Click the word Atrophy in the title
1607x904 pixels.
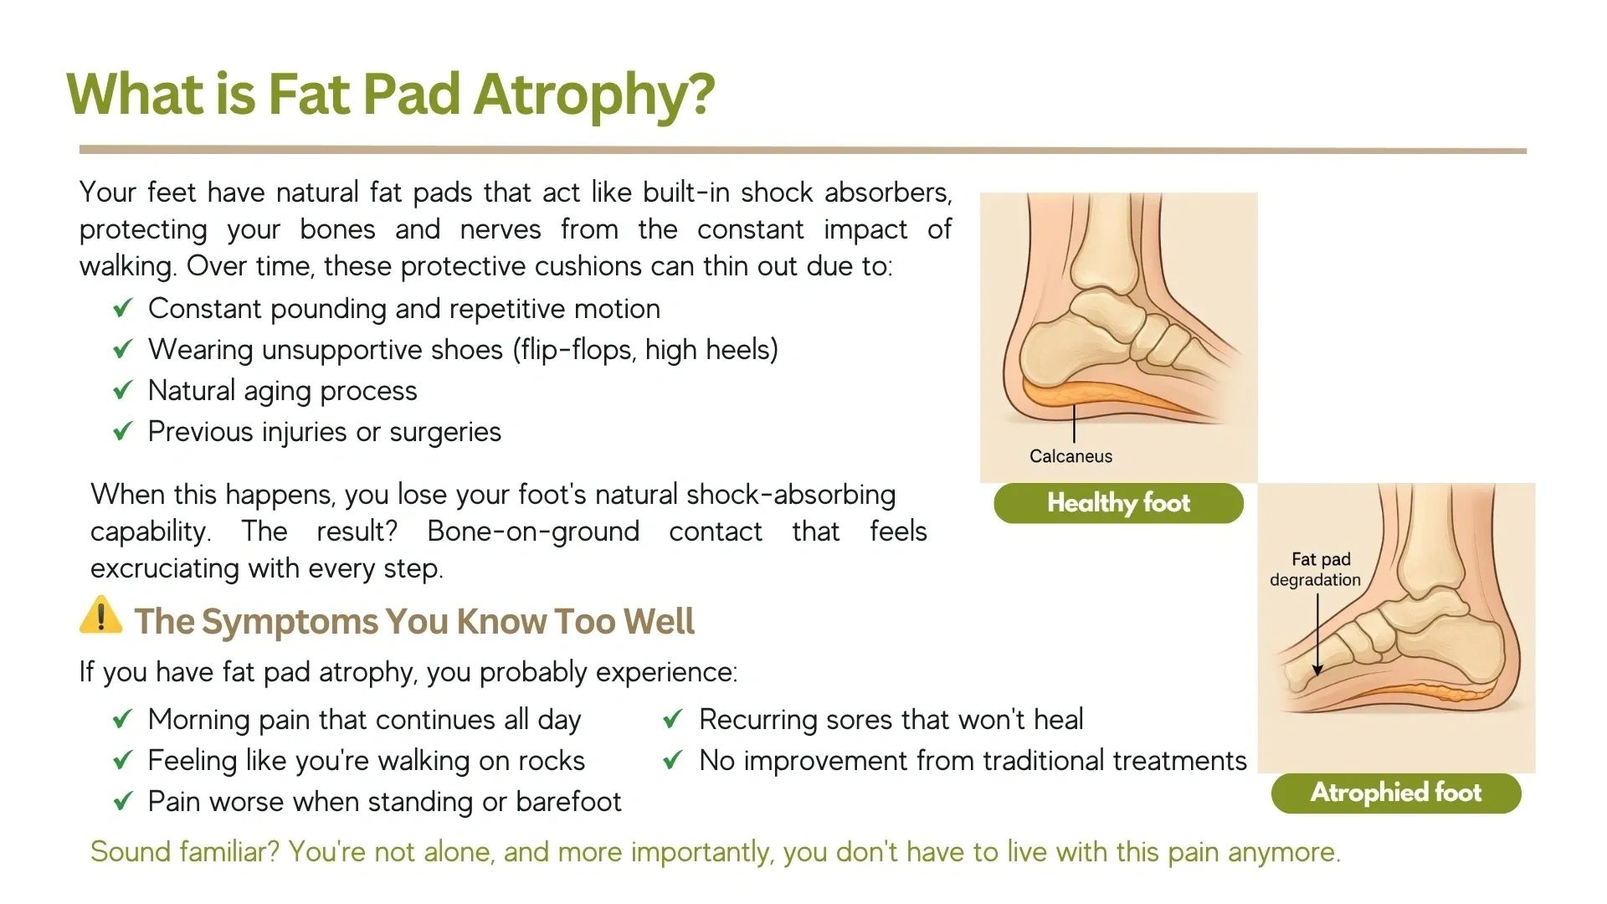click(594, 94)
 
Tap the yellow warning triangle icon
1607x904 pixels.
click(101, 615)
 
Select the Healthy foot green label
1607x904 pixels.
click(1118, 503)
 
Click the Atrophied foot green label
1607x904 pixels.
click(1396, 793)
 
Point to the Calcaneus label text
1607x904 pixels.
click(1070, 456)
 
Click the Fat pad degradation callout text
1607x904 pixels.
click(1315, 569)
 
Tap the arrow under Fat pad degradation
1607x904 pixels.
click(1317, 634)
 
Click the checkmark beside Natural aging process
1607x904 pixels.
click(123, 390)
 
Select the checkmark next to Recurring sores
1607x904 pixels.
click(673, 719)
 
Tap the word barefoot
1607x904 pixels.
click(568, 801)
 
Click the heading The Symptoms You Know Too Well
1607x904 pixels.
click(414, 621)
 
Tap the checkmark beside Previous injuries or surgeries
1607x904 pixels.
click(123, 431)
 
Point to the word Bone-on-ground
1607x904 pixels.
click(533, 532)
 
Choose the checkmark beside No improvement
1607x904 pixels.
click(673, 760)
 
